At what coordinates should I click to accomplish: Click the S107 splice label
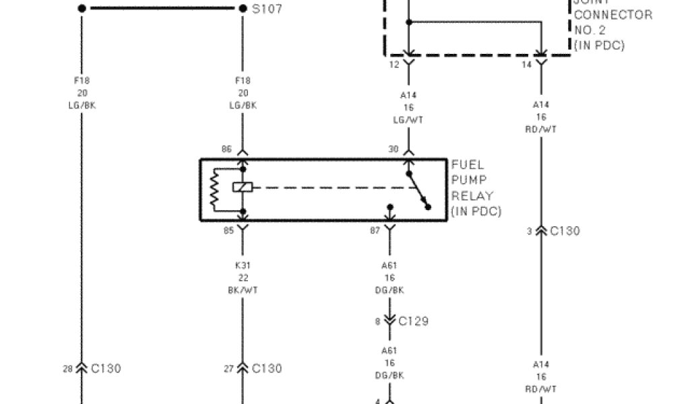coord(267,9)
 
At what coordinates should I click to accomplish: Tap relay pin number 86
coord(226,149)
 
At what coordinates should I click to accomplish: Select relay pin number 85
coord(228,230)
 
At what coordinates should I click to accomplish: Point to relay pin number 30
coord(394,149)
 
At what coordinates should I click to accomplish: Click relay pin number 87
coord(375,230)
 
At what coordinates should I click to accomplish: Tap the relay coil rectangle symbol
coord(242,187)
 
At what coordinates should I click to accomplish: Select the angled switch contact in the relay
coord(418,190)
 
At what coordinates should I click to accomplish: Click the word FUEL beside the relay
coord(468,165)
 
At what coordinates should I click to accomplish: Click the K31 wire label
coord(243,265)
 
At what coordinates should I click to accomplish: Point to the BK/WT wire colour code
coord(243,290)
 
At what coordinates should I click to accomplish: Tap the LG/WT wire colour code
coord(408,120)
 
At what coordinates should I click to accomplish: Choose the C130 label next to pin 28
coord(106,368)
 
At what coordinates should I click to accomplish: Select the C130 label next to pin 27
coord(267,368)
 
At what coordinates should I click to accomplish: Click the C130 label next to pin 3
coord(565,231)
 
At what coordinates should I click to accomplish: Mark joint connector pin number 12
coord(394,64)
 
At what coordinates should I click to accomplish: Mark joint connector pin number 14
coord(527,64)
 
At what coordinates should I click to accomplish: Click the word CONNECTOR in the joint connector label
coord(613,15)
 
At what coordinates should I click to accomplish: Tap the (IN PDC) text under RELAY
coord(476,211)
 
